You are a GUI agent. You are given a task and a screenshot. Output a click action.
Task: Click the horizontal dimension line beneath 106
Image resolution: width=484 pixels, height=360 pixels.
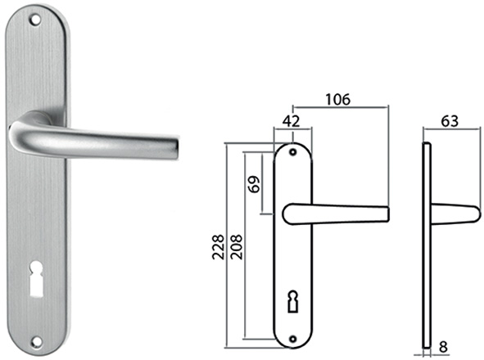click(x=339, y=108)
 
